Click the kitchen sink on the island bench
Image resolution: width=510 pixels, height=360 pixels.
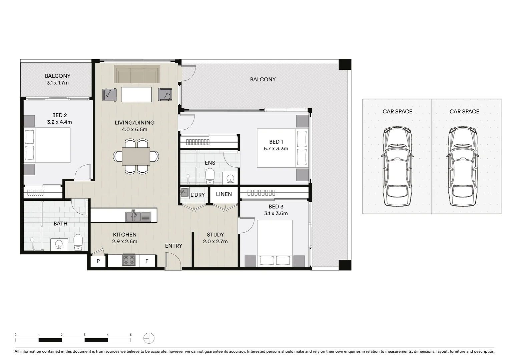pos(138,217)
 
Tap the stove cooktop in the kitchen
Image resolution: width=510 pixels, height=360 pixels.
pos(129,260)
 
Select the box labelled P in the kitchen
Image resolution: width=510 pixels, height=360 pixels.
pos(98,261)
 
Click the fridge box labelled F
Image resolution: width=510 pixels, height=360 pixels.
pos(147,261)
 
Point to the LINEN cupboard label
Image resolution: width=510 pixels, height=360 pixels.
pos(224,194)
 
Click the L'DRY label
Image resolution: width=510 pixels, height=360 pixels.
pos(197,195)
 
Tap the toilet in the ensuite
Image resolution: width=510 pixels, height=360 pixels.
pos(210,176)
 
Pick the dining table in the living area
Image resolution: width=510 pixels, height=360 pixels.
pos(136,156)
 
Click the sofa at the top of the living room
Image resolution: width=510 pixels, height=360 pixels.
pos(137,74)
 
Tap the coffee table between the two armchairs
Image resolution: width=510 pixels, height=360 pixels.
pos(136,94)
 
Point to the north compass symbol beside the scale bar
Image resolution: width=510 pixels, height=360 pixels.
pos(149,338)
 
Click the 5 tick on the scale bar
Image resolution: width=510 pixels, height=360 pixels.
pos(131,335)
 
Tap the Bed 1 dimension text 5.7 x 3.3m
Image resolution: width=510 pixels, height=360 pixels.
pos(276,149)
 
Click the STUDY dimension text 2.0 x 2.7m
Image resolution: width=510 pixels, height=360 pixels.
pos(215,241)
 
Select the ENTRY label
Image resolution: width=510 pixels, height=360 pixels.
pos(173,246)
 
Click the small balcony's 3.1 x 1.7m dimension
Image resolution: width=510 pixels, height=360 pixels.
pos(58,83)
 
